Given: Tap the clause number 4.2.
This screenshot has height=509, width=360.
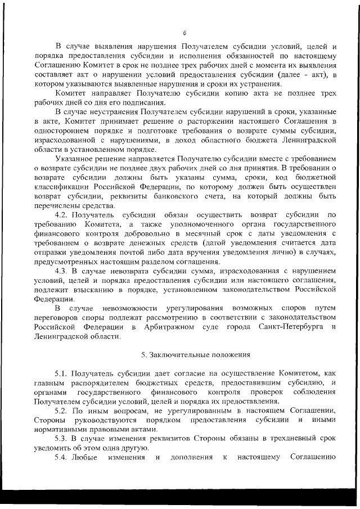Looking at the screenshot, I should coord(61,215).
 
